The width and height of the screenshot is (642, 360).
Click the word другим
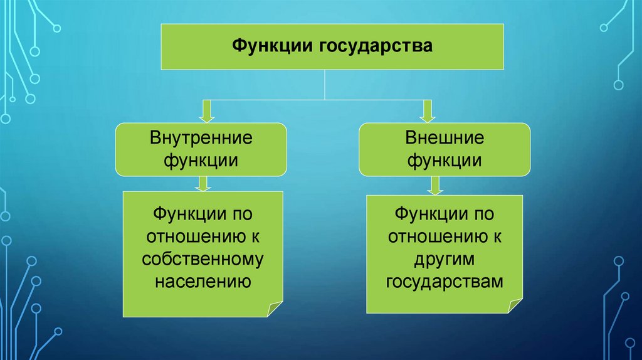(445, 259)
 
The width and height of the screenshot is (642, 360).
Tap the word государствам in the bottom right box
(445, 281)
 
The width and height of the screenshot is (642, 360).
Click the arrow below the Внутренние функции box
(202, 183)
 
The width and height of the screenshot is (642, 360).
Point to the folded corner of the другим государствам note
(515, 306)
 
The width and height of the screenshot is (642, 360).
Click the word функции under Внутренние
(201, 160)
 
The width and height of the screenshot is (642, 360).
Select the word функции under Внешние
(445, 160)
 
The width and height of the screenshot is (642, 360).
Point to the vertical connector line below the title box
(324, 84)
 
